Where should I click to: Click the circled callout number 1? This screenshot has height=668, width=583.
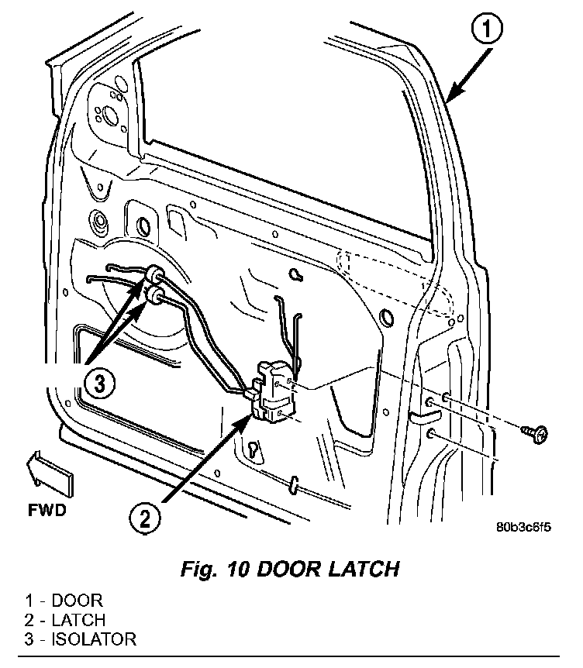coord(487,29)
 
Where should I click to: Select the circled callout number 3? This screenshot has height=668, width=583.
coord(99,384)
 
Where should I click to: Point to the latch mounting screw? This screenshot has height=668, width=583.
coord(535,434)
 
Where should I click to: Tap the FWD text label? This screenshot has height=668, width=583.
coord(47,510)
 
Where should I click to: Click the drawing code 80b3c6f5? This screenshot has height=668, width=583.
coord(523,528)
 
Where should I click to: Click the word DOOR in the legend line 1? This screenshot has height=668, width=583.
coord(77,601)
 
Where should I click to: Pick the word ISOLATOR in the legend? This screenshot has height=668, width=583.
coord(94,639)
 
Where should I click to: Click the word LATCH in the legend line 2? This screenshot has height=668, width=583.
coord(78,620)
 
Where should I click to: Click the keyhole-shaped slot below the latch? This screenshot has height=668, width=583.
coord(254,450)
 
